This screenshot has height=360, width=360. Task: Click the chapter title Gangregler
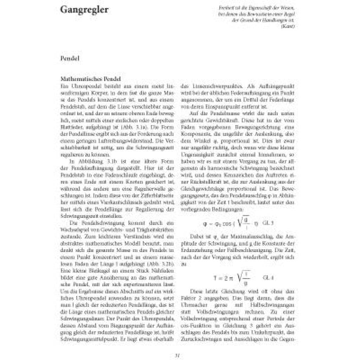84,10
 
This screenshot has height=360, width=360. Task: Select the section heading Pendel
69,58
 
